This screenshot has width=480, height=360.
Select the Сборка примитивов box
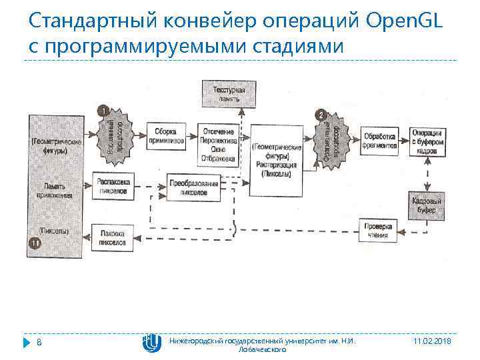click(165, 136)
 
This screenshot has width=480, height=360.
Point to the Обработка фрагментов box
click(379, 141)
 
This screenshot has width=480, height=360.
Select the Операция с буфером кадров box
click(427, 141)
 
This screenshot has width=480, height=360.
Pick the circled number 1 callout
click(103, 109)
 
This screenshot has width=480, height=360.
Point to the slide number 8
click(39, 342)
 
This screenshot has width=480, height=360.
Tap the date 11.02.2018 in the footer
click(432, 341)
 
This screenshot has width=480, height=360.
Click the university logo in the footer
click(151, 342)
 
